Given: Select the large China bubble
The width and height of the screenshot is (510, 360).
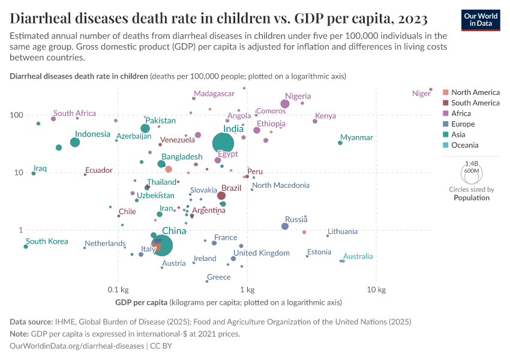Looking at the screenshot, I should [160, 245].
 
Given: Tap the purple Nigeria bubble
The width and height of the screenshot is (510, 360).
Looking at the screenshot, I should [285, 104].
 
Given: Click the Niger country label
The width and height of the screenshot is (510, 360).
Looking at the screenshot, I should [422, 93].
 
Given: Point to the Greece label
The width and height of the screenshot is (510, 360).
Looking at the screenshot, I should [218, 277].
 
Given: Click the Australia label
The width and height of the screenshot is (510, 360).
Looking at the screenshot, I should [358, 256].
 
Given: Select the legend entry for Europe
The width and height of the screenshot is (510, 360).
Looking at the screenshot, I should [463, 124].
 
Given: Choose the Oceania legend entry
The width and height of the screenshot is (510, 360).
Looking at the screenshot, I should [465, 145].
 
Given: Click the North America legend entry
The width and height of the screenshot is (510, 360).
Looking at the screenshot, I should [475, 92].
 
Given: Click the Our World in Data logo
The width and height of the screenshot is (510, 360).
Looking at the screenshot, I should [481, 19].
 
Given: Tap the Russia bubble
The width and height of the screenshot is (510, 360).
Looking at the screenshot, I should [285, 226].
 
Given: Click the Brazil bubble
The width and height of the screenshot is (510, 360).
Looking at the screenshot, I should [221, 196].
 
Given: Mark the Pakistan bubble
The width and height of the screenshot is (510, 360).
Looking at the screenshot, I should [145, 128].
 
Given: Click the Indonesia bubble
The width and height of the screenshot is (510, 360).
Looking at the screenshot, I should [75, 142].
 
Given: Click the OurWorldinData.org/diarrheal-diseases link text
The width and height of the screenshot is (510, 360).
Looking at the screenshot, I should [77, 346].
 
